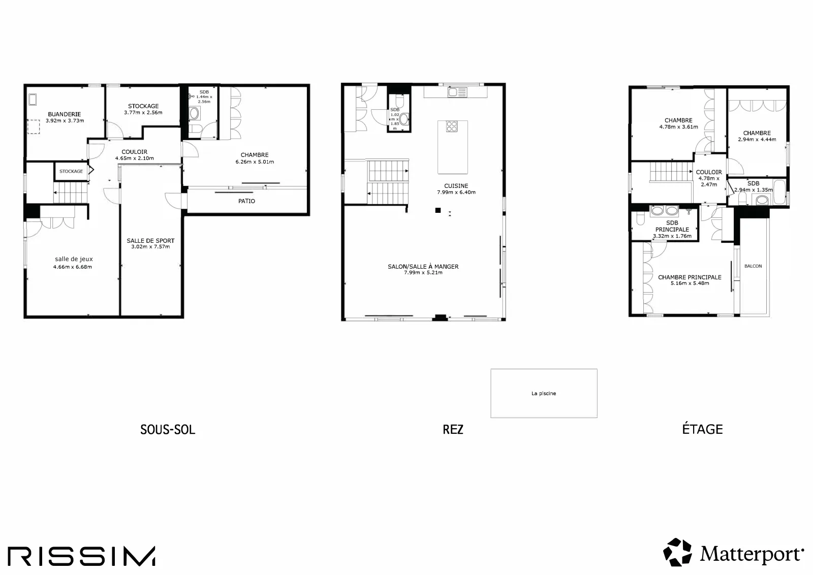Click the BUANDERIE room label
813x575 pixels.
pos(64,114)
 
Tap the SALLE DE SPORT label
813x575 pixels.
pos(150,241)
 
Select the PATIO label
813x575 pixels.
pos(247,201)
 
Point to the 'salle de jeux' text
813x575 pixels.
pos(74,259)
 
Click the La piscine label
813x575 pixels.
pos(544,393)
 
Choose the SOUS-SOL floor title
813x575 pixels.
pos(168,430)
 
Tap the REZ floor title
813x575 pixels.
pos(453,430)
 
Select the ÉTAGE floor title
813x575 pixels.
pos(702,429)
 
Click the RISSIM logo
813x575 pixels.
pos(82,556)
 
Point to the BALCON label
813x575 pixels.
pos(753,266)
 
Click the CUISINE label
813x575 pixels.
pos(456,186)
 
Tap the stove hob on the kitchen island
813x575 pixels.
pos(452,126)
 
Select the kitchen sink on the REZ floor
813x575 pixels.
pos(457,92)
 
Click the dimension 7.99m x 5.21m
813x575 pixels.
pos(423,272)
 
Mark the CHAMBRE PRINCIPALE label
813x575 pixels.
pos(690,277)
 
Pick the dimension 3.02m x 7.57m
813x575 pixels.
pos(150,247)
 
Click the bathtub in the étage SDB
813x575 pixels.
pos(779,191)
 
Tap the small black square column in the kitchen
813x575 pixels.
pos(438,210)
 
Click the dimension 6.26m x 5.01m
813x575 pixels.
pos(255,162)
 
